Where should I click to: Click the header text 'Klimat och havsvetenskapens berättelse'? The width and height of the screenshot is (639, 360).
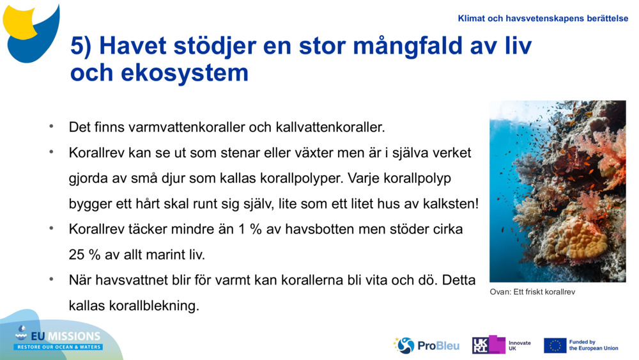point(543,19)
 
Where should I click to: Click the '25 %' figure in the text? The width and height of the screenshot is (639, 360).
point(84,254)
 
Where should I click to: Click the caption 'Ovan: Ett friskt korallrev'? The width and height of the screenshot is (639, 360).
point(533,292)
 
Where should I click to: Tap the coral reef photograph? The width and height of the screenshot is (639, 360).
point(557,191)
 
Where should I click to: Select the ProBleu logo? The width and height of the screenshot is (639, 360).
point(427,345)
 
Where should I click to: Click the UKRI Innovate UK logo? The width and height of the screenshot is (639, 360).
point(501,345)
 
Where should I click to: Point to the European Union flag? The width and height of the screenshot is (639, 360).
point(555,345)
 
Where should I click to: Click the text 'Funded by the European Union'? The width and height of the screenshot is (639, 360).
point(593,345)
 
